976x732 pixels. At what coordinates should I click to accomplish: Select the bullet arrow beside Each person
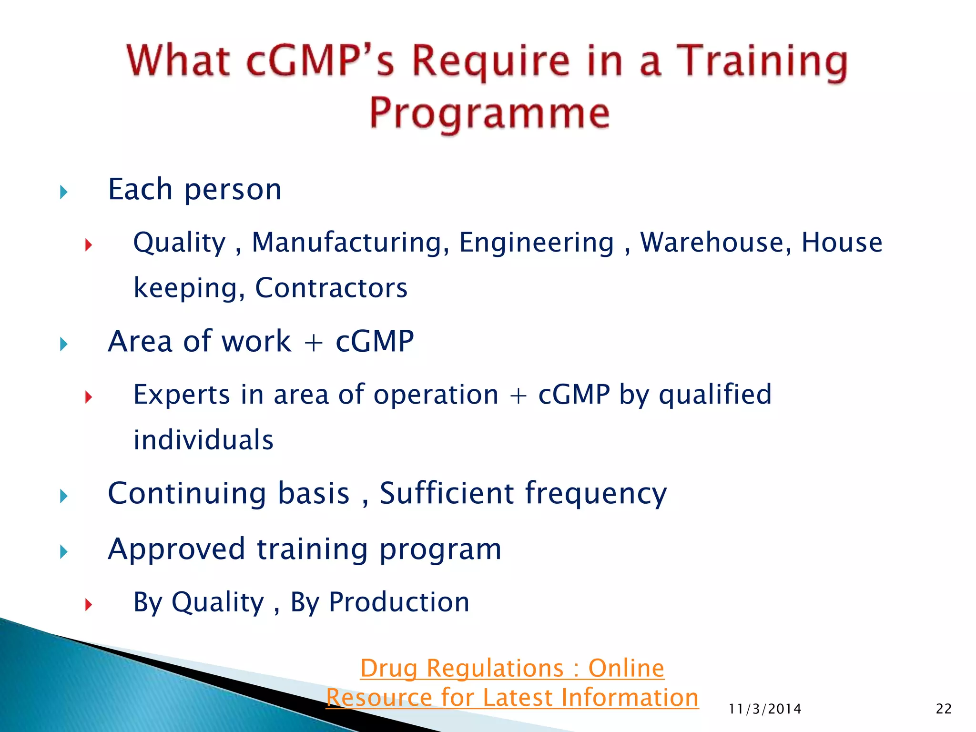[x=64, y=193]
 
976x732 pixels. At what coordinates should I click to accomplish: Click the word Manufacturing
[x=350, y=243]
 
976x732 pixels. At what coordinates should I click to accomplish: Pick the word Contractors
[x=331, y=288]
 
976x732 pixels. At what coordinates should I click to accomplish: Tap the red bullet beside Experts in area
[x=88, y=396]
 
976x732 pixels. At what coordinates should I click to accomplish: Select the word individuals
[x=203, y=440]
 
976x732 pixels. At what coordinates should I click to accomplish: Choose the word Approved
[x=176, y=549]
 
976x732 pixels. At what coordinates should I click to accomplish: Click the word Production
[x=399, y=602]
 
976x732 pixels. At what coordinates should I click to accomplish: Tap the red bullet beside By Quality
[x=88, y=605]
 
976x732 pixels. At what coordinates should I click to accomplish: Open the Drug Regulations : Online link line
[x=512, y=668]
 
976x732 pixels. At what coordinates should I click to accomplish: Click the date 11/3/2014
[x=765, y=709]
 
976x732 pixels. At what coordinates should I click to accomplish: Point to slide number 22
[x=944, y=709]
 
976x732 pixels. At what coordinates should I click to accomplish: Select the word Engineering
[x=537, y=243]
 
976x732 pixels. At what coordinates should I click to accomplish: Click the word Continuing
[x=186, y=493]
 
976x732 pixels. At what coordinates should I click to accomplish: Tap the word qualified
[x=715, y=395]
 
